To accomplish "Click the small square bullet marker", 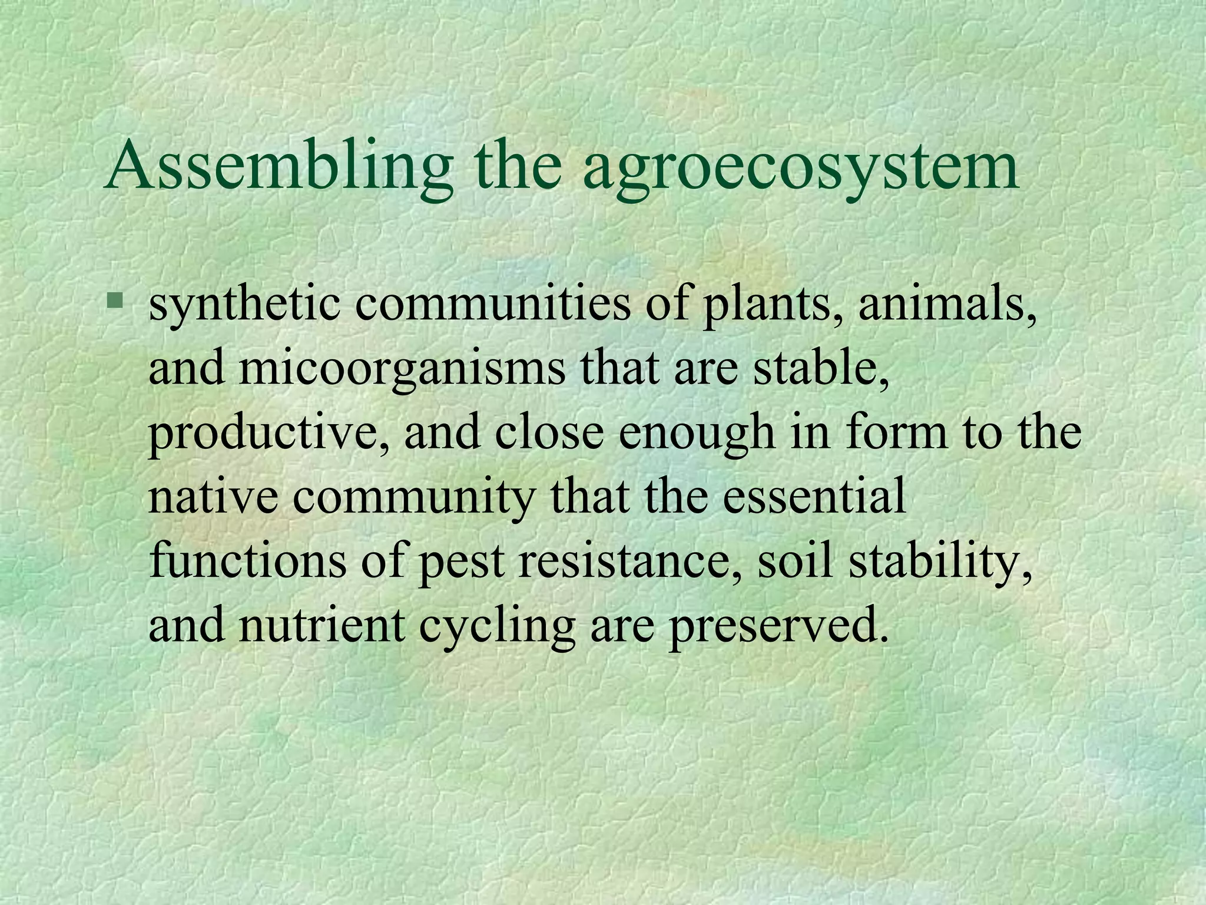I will tap(115, 302).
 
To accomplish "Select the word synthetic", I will tap(244, 306).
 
